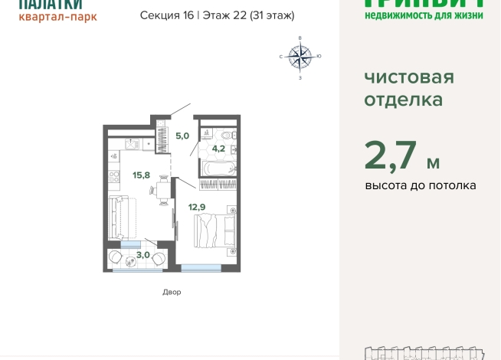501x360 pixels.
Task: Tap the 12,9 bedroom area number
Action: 197,205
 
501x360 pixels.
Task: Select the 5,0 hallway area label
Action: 182,136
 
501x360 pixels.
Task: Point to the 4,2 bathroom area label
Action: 218,149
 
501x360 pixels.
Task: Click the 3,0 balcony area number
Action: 142,254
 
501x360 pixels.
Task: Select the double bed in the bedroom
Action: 214,228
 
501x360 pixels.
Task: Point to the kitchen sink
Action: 132,143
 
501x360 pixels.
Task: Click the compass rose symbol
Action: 300,56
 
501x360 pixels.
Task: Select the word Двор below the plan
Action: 172,292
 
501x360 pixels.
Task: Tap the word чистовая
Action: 409,77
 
